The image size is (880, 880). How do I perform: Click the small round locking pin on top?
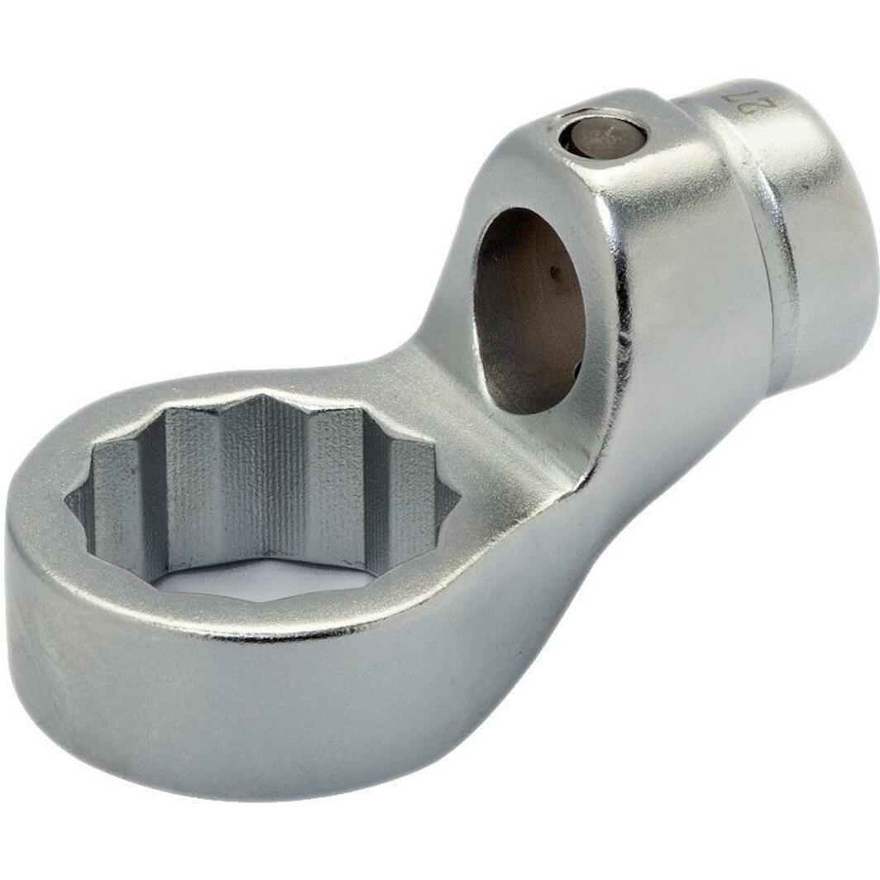pos(602,134)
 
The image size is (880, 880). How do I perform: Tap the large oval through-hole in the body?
pos(529,310)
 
